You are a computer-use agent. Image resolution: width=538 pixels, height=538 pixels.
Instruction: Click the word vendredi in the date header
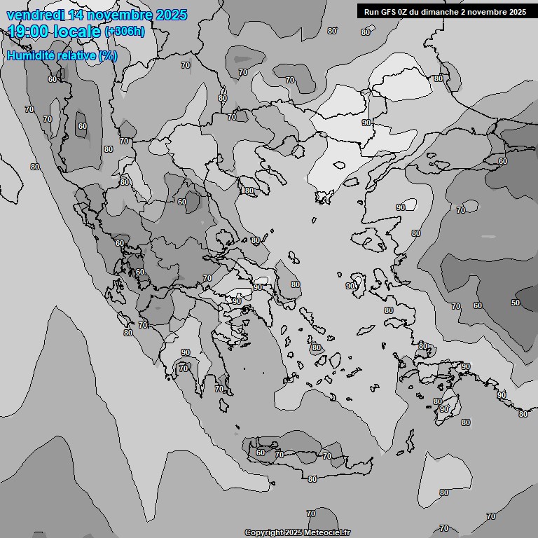(x=33, y=15)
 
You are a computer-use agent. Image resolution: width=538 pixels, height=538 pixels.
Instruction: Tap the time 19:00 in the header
(x=29, y=32)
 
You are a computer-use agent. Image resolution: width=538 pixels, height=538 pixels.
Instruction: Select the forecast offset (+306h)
(x=125, y=32)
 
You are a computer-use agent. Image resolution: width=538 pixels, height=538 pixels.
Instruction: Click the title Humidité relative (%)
(x=62, y=55)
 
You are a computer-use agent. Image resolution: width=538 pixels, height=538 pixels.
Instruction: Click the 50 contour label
(x=516, y=303)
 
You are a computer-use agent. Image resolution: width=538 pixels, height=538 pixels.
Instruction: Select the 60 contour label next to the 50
(x=478, y=305)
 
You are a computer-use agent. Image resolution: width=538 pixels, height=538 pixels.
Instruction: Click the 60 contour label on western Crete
(x=261, y=453)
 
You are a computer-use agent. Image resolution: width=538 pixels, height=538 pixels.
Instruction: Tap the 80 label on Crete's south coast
(x=312, y=479)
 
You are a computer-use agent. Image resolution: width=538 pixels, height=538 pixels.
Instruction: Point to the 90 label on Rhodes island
(x=443, y=409)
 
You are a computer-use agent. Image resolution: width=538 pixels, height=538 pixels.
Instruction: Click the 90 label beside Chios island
(x=350, y=286)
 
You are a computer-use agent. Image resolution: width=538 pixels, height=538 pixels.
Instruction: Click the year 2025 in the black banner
(x=516, y=11)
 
